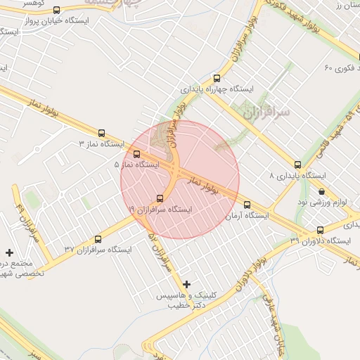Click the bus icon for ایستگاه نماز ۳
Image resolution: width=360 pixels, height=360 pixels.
tap(102, 132)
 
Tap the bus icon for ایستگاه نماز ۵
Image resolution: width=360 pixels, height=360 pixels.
tap(136, 153)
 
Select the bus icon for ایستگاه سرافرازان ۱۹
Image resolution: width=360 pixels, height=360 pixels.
tap(160, 199)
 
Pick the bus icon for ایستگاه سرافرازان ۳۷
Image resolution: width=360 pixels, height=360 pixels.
tap(97, 239)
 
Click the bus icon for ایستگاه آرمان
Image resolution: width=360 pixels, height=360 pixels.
tap(247, 205)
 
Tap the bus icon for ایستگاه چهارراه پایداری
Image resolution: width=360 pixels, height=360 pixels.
tap(217, 79)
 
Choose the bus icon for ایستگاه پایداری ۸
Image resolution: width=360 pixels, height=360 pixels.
tap(298, 165)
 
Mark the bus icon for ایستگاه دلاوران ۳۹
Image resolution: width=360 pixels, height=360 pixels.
tap(321, 230)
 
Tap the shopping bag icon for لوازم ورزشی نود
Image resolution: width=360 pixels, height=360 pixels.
tap(321, 191)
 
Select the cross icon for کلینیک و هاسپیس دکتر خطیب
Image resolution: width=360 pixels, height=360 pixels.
tap(186, 284)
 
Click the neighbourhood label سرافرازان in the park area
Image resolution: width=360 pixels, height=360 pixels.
tap(264, 110)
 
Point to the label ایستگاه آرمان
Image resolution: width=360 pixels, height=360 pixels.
tap(247, 216)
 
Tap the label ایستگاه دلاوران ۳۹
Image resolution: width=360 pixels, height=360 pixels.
tap(320, 241)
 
